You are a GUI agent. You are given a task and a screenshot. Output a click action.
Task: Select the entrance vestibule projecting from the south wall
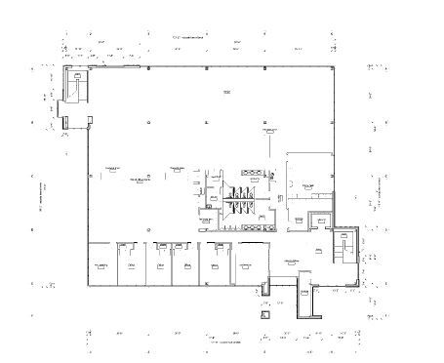tap(304, 302)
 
